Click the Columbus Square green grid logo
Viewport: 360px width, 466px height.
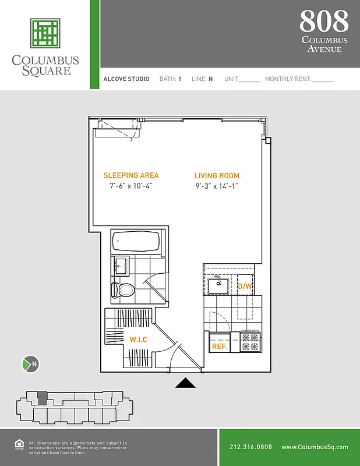(45, 33)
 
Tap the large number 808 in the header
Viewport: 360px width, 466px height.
(324, 22)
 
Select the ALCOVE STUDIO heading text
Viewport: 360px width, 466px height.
(126, 79)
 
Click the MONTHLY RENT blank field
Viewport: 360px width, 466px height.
(322, 79)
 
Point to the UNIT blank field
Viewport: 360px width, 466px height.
(249, 79)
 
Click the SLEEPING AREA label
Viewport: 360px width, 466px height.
(131, 175)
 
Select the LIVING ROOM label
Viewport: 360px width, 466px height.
(217, 176)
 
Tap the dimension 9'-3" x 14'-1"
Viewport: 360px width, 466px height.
(217, 186)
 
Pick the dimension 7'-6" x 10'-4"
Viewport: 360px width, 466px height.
(131, 186)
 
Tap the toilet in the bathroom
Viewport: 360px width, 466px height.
(123, 289)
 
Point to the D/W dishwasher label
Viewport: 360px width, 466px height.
(245, 287)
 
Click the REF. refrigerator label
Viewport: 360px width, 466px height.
(220, 345)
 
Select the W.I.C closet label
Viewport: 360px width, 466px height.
(138, 340)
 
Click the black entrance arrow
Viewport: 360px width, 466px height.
(185, 383)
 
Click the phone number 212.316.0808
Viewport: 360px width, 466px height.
(251, 447)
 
